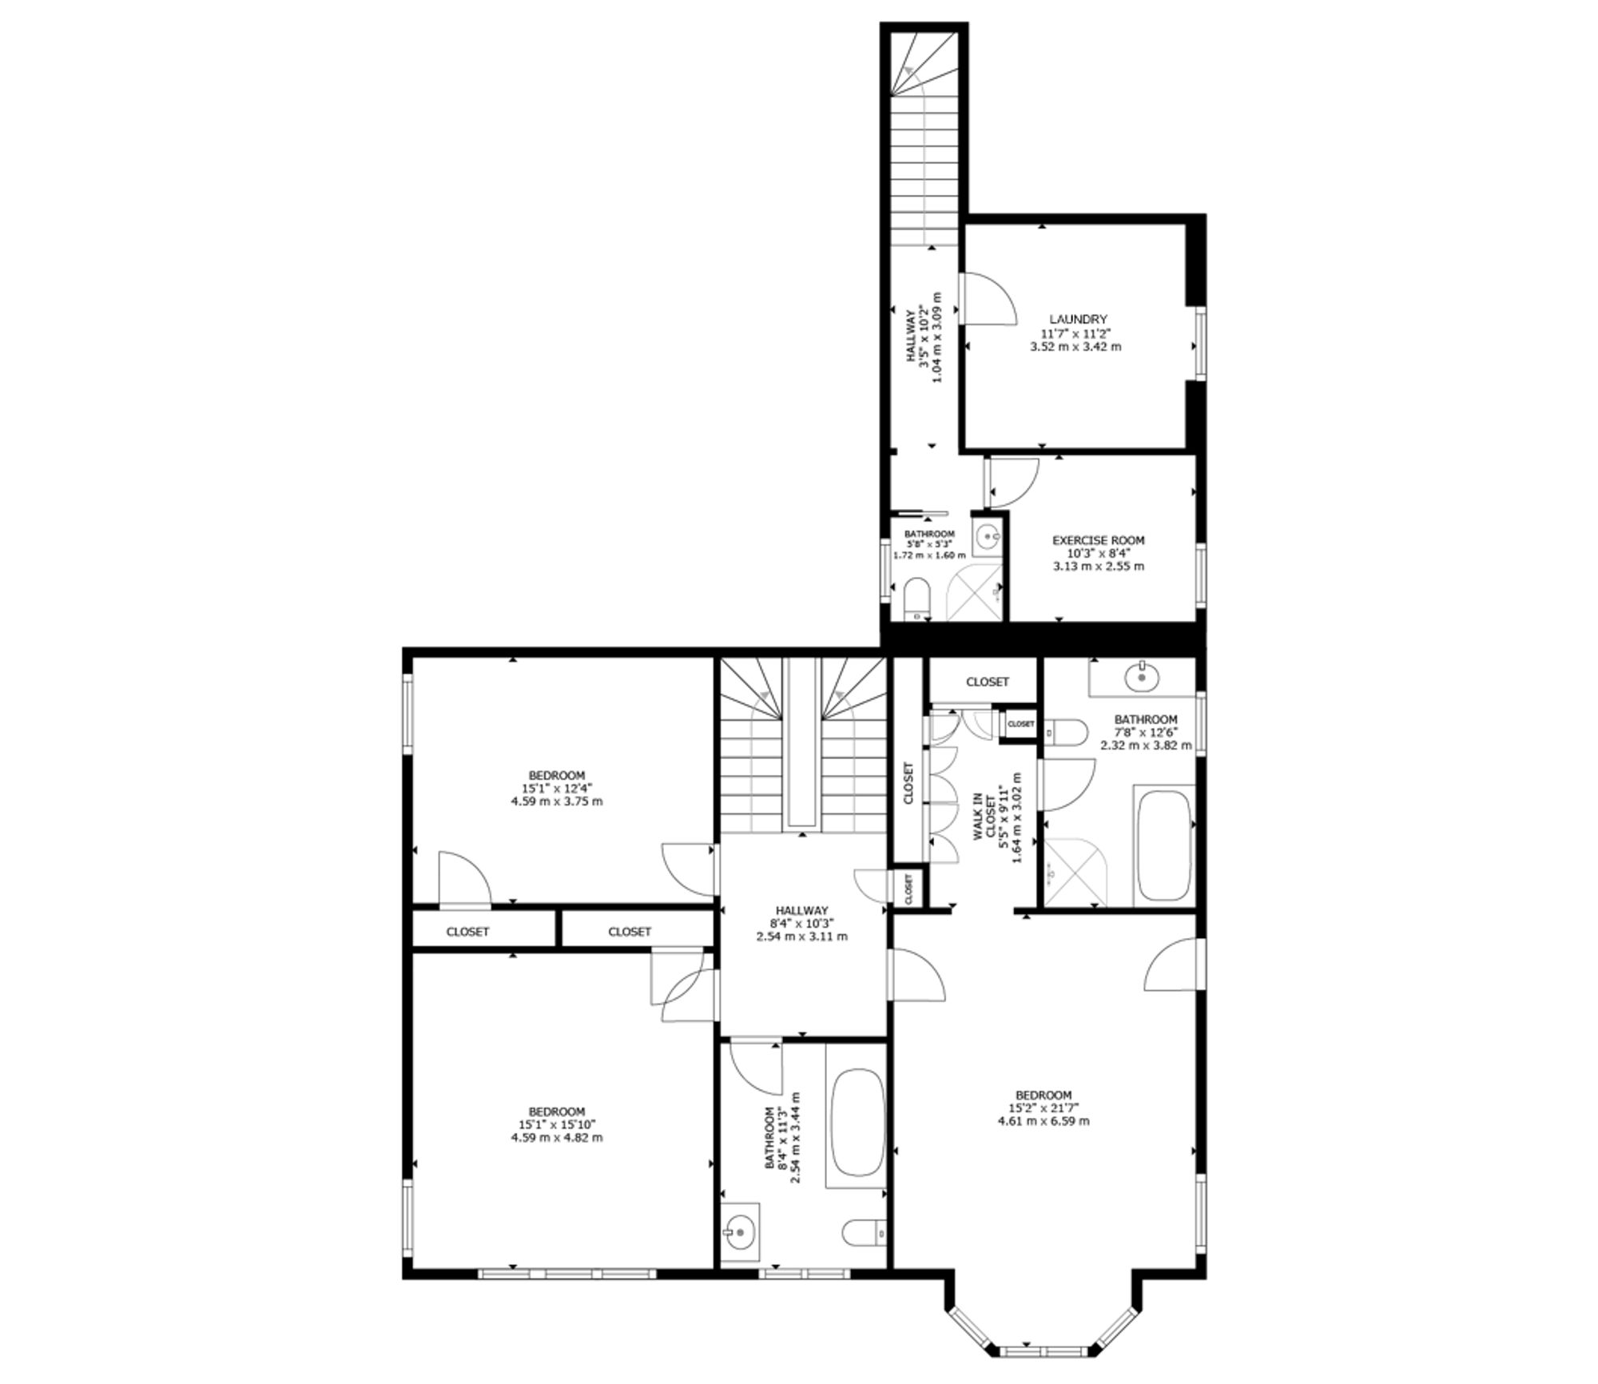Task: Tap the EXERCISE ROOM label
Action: click(1099, 541)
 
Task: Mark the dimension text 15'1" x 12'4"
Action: click(557, 788)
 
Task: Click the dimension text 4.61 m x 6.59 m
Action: click(1043, 1120)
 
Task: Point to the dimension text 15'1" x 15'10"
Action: click(557, 1124)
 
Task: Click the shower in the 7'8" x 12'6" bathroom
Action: click(1075, 873)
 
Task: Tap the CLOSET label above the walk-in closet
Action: click(988, 682)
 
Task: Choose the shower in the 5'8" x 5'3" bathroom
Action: click(973, 592)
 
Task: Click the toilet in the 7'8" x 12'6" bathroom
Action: click(1066, 733)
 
